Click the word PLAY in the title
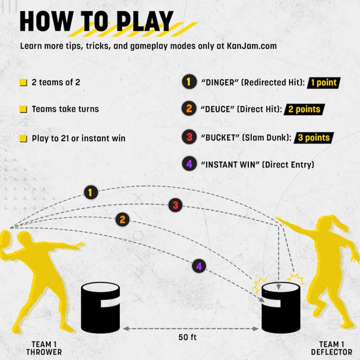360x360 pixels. tap(145, 21)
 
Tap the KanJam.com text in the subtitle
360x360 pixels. tap(252, 46)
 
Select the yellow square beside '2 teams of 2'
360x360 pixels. tap(23, 83)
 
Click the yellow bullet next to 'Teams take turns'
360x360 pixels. tap(23, 109)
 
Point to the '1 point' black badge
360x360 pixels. tap(324, 83)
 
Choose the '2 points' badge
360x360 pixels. tap(304, 109)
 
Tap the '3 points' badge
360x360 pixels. tap(314, 138)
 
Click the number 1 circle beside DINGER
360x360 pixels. tap(189, 82)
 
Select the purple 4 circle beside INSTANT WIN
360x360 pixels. tap(189, 164)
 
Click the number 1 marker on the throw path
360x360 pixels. tap(91, 192)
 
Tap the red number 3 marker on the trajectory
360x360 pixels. tap(175, 205)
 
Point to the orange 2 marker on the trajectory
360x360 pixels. tap(122, 219)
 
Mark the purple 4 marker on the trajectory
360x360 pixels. tap(199, 266)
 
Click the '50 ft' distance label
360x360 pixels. tap(187, 337)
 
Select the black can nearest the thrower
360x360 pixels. tap(100, 308)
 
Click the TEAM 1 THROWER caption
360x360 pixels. tap(44, 348)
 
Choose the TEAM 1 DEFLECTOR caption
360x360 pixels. tap(331, 348)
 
